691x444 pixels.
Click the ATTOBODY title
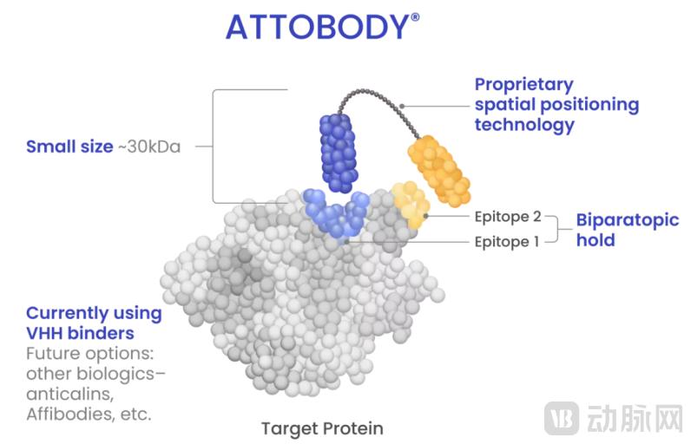click(x=318, y=27)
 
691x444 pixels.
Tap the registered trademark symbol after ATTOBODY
click(x=415, y=17)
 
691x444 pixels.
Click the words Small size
click(x=69, y=147)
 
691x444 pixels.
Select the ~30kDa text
click(x=149, y=147)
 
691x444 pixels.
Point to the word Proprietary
click(x=524, y=85)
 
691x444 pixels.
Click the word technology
click(x=524, y=125)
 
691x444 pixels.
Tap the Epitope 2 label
click(x=508, y=217)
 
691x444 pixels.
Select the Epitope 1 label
click(x=507, y=242)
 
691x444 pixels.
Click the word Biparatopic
click(x=628, y=220)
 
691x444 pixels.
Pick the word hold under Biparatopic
click(x=596, y=240)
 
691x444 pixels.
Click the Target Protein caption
click(x=322, y=428)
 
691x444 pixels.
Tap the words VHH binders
click(x=80, y=333)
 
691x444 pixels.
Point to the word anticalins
click(x=69, y=394)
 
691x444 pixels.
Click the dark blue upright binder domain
click(x=339, y=153)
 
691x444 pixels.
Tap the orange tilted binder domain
click(x=439, y=171)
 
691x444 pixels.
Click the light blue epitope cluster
click(x=337, y=215)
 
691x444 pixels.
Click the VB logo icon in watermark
click(x=562, y=418)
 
